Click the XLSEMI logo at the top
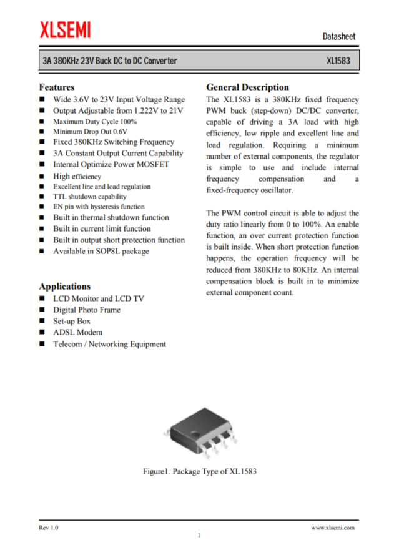click(x=65, y=29)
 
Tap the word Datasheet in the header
click(x=339, y=36)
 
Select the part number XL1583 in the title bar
click(x=339, y=61)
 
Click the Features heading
click(x=57, y=87)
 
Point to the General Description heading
click(x=247, y=87)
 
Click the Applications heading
click(x=65, y=286)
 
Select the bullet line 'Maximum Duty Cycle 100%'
click(x=95, y=121)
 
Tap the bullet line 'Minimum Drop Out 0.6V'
click(x=90, y=131)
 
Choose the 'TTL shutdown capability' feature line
click(x=90, y=196)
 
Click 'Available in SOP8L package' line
click(x=101, y=251)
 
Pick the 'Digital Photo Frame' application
click(x=87, y=310)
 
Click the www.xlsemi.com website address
click(x=333, y=528)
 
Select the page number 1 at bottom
click(x=199, y=536)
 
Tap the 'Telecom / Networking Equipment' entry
click(x=109, y=344)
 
